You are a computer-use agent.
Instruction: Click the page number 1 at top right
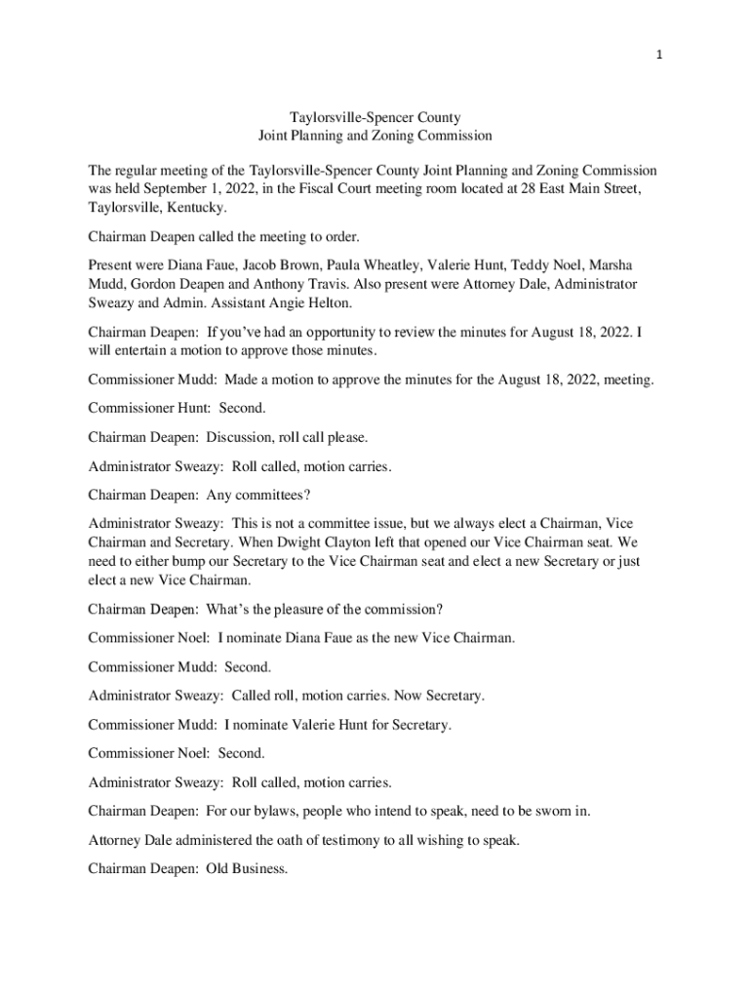tap(660, 55)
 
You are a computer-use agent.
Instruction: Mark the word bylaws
tap(289, 811)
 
